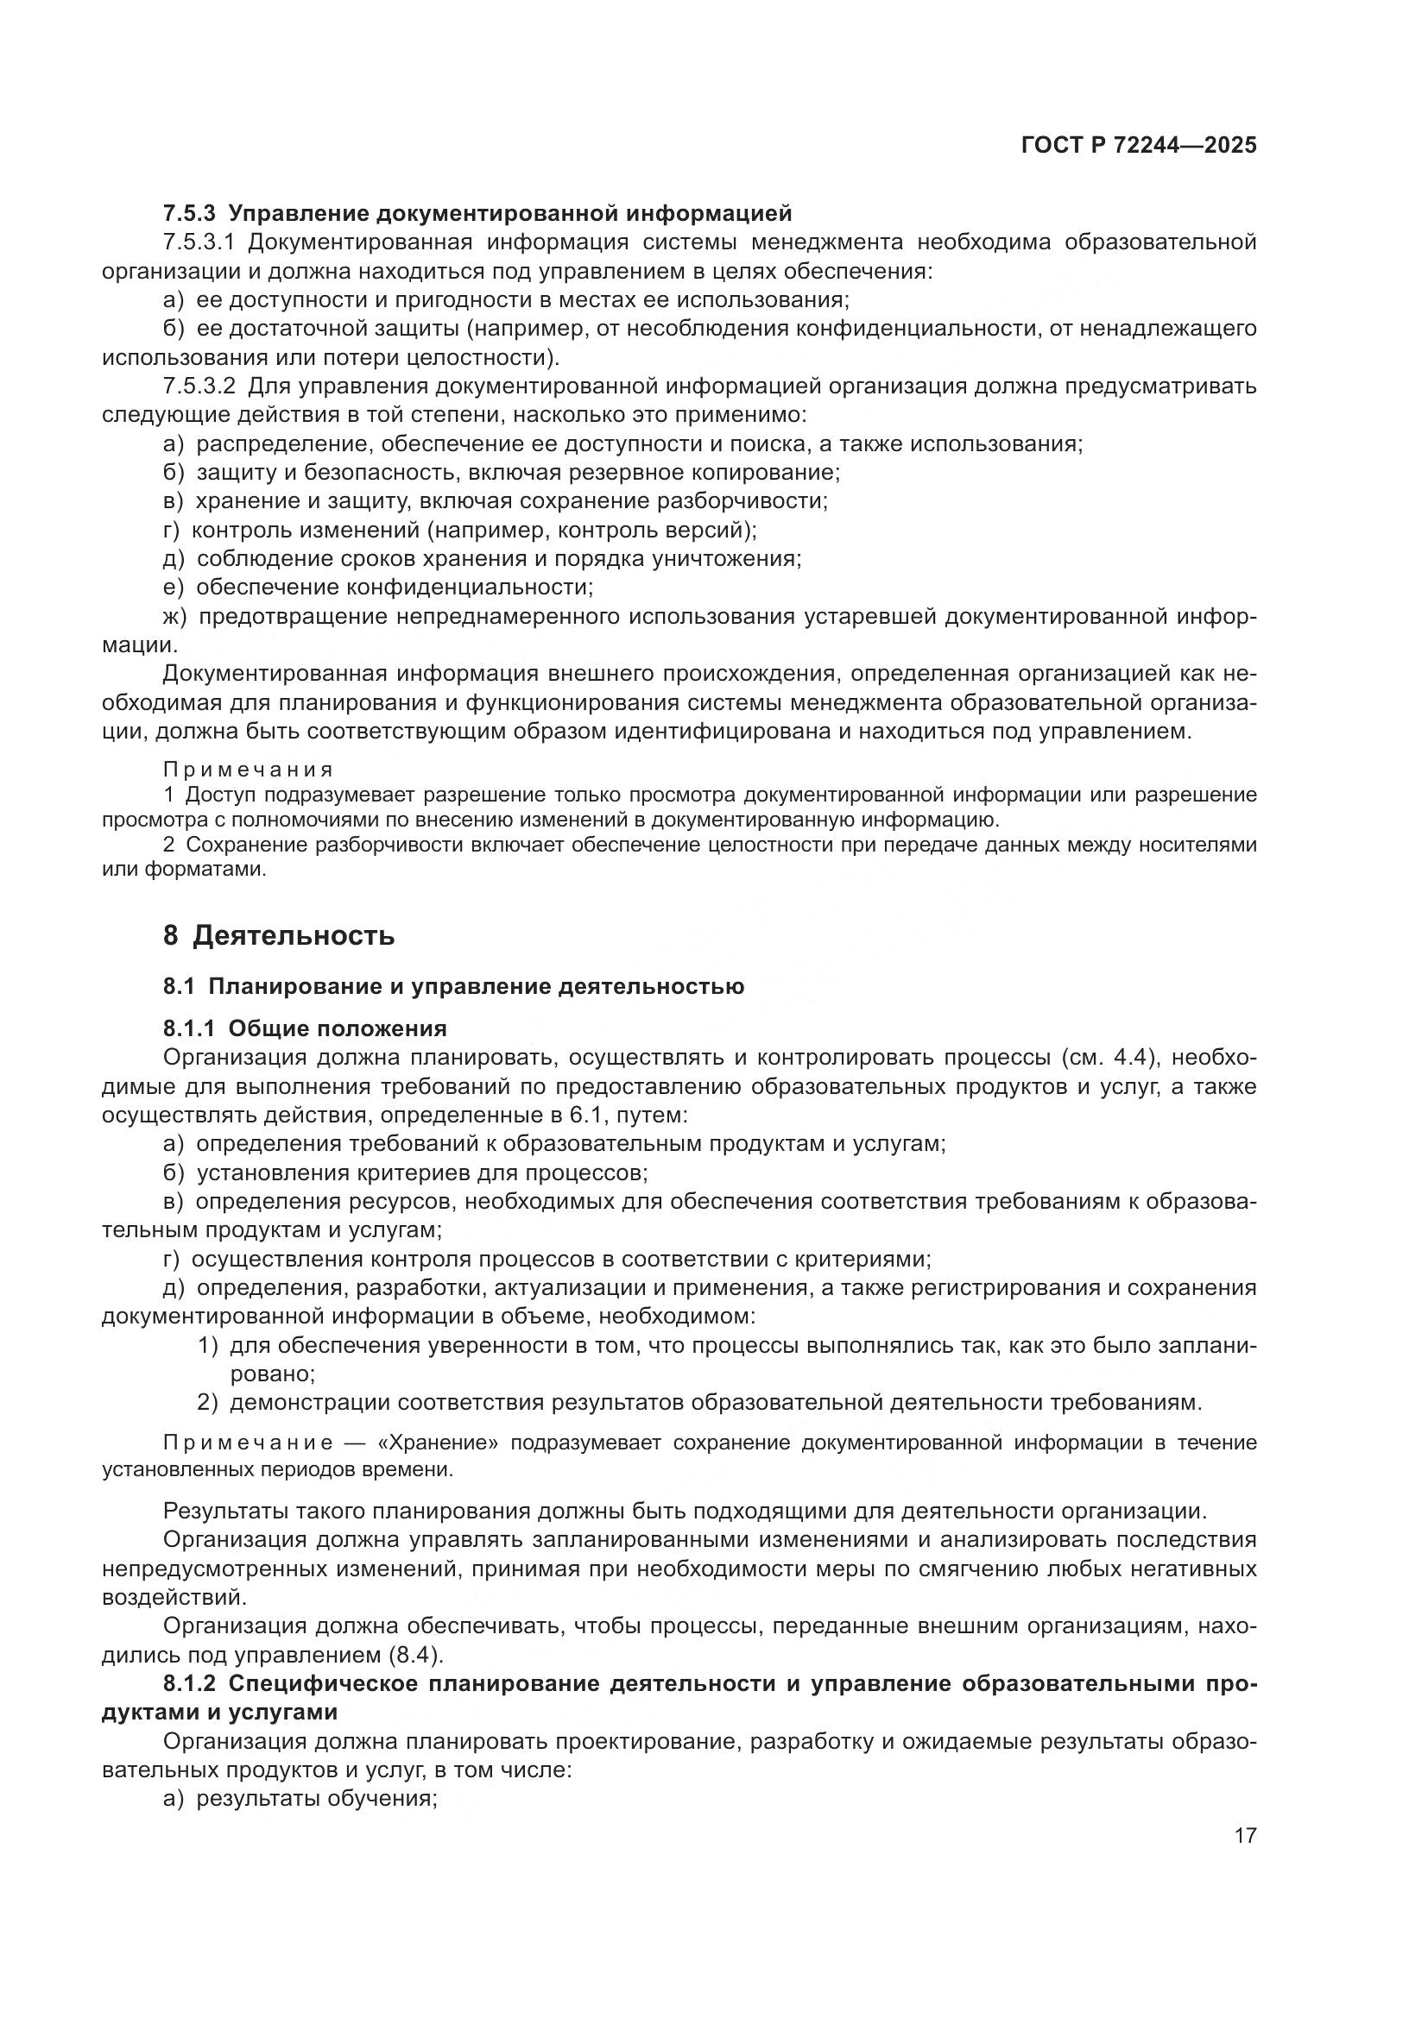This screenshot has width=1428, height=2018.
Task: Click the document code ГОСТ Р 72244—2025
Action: click(1138, 146)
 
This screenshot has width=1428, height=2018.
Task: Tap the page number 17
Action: click(1244, 1835)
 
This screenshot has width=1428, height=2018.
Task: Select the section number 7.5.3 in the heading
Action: click(189, 214)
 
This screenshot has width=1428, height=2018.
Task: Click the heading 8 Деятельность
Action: click(279, 935)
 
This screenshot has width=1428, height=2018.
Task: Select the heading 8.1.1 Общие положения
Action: click(305, 1028)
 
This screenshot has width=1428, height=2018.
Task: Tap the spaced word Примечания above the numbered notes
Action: click(247, 770)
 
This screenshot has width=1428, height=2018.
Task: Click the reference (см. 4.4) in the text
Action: click(1109, 1058)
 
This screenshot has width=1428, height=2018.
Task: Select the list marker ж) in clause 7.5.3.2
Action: click(175, 616)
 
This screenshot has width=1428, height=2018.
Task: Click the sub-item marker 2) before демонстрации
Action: click(207, 1403)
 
